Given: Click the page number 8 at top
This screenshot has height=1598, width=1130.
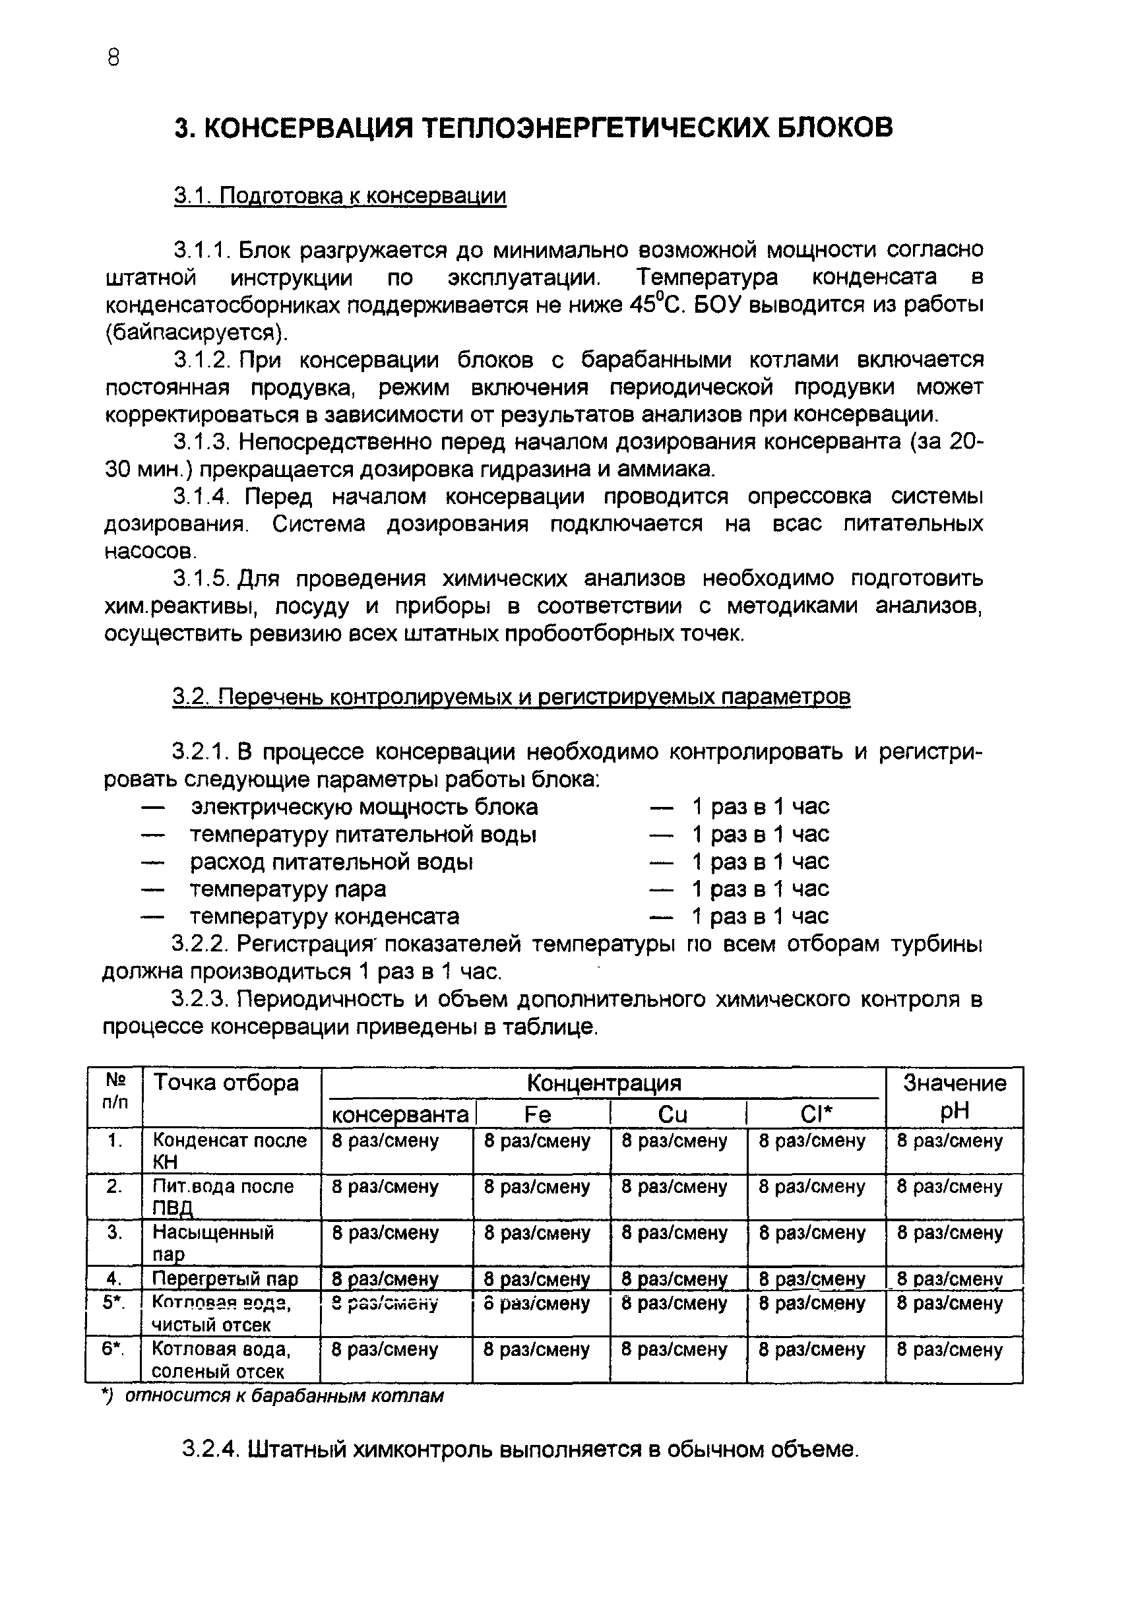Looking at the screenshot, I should tap(114, 59).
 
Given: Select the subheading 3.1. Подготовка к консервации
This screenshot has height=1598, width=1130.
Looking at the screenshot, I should tap(340, 196).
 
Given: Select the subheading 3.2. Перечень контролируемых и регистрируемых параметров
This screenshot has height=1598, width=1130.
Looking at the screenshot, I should tap(511, 697).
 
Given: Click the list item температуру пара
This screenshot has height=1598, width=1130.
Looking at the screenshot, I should tap(288, 889).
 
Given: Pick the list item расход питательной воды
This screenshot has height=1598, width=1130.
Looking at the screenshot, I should tap(331, 862).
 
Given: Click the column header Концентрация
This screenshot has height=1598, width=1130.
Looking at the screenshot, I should tap(604, 1083).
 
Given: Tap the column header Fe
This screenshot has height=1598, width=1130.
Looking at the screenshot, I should tap(537, 1115).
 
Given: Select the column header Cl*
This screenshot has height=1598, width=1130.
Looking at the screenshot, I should tap(815, 1115).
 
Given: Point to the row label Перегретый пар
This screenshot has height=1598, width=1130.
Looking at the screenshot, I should tap(225, 1279).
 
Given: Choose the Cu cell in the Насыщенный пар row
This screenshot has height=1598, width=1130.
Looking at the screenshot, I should tap(674, 1233).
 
